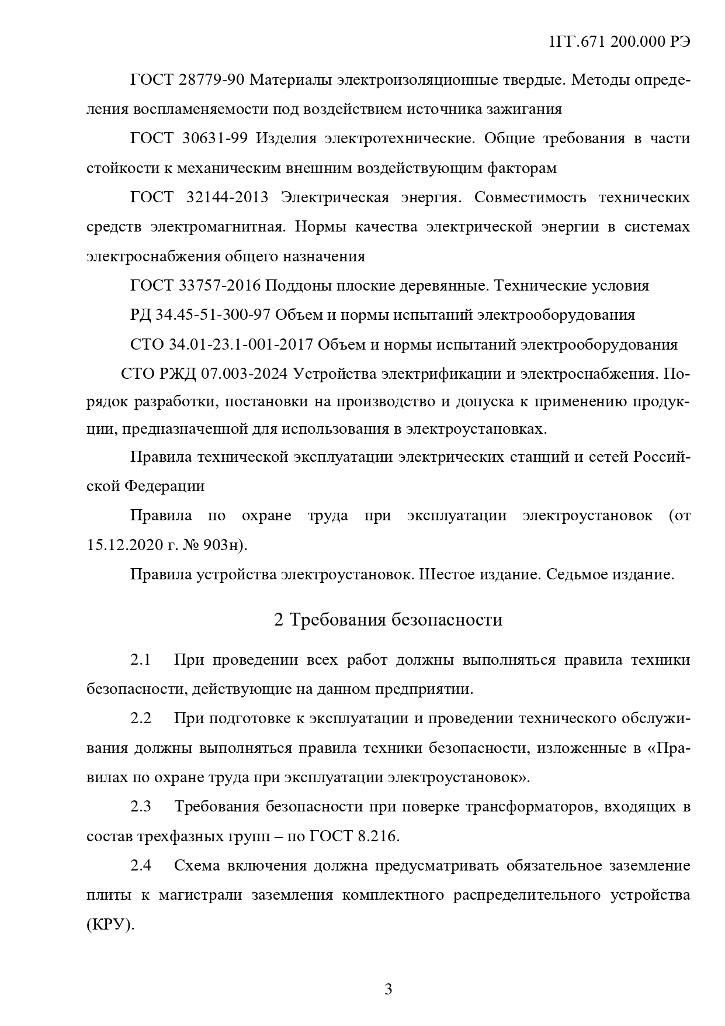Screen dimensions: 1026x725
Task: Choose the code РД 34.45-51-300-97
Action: [x=200, y=315]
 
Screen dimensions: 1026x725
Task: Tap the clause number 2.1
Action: [x=141, y=660]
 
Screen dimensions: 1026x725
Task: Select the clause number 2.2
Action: [x=141, y=718]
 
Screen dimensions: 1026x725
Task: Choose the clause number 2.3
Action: [x=141, y=807]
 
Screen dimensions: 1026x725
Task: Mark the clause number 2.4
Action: [x=141, y=865]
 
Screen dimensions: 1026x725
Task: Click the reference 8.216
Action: [x=376, y=836]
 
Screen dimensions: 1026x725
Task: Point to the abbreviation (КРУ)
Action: [x=110, y=925]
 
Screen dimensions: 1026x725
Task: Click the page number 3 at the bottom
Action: [x=388, y=989]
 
